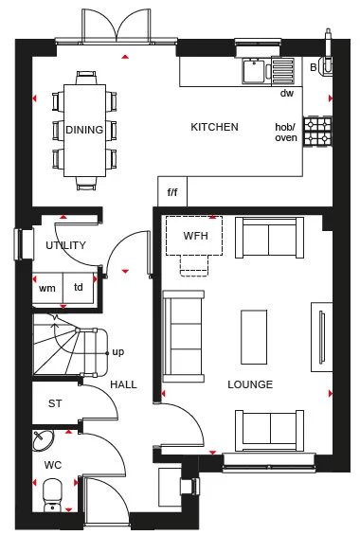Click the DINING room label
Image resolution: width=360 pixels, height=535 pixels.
(84, 130)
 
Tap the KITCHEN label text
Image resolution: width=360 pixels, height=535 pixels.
(214, 128)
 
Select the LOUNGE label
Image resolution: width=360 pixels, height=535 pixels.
(250, 384)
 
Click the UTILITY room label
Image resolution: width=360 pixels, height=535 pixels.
(65, 245)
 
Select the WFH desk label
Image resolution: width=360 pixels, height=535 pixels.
(195, 235)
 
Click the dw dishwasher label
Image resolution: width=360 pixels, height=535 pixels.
(286, 94)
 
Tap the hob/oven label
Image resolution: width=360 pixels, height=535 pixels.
(286, 133)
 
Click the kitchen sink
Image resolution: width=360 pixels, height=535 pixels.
(254, 71)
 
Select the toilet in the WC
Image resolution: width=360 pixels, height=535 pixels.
(54, 492)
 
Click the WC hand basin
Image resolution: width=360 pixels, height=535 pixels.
(44, 440)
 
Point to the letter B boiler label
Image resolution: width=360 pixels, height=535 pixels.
(314, 67)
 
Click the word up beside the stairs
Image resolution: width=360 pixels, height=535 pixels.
(117, 351)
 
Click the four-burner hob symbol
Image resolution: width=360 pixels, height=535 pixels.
(316, 132)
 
